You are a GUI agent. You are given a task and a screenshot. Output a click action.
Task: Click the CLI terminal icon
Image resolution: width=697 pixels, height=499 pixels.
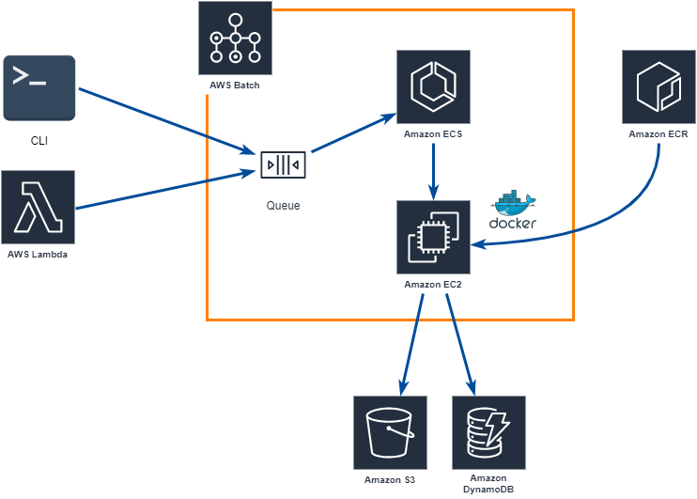[x=39, y=88]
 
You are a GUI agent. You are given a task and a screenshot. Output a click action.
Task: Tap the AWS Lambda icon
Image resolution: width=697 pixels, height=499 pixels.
[x=39, y=208]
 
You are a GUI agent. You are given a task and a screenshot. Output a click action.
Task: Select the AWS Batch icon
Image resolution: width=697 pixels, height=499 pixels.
[x=235, y=39]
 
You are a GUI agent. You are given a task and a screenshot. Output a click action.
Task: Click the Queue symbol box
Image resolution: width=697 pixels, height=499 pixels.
[x=283, y=164]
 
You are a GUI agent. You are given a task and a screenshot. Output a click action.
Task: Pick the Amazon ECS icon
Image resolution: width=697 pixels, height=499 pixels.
[x=433, y=86]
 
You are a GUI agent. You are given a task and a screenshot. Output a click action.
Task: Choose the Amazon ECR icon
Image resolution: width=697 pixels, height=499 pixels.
[x=658, y=86]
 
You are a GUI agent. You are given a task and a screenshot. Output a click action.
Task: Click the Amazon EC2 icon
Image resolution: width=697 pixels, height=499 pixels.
[x=433, y=237]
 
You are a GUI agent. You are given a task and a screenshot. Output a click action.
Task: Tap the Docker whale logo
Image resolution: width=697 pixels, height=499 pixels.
[x=514, y=203]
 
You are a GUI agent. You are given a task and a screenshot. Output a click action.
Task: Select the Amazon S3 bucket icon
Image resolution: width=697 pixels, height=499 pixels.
[x=390, y=432]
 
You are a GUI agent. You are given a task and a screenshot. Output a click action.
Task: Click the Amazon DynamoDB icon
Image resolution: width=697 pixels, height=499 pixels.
[x=489, y=432]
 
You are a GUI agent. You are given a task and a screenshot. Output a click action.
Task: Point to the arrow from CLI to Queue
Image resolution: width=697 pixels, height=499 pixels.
[x=167, y=121]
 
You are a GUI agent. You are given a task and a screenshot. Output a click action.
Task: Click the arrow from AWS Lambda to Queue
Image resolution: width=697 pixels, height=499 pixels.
[x=166, y=190]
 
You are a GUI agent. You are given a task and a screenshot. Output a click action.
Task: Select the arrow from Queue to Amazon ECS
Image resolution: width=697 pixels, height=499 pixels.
[x=354, y=133]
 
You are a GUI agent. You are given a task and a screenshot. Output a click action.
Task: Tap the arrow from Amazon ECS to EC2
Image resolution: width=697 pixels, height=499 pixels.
[x=433, y=172]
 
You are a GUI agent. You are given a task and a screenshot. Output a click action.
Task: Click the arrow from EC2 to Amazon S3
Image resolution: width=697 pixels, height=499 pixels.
[x=412, y=345]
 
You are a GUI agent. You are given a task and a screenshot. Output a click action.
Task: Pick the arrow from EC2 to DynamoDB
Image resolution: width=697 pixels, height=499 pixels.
[x=461, y=345]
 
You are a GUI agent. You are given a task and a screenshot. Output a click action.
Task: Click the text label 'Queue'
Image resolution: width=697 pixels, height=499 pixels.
[x=283, y=206]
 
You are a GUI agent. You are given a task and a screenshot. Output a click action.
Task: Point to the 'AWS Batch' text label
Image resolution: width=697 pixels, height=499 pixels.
[x=235, y=86]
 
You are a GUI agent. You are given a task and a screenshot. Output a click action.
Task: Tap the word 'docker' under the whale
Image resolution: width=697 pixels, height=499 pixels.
[x=513, y=223]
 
